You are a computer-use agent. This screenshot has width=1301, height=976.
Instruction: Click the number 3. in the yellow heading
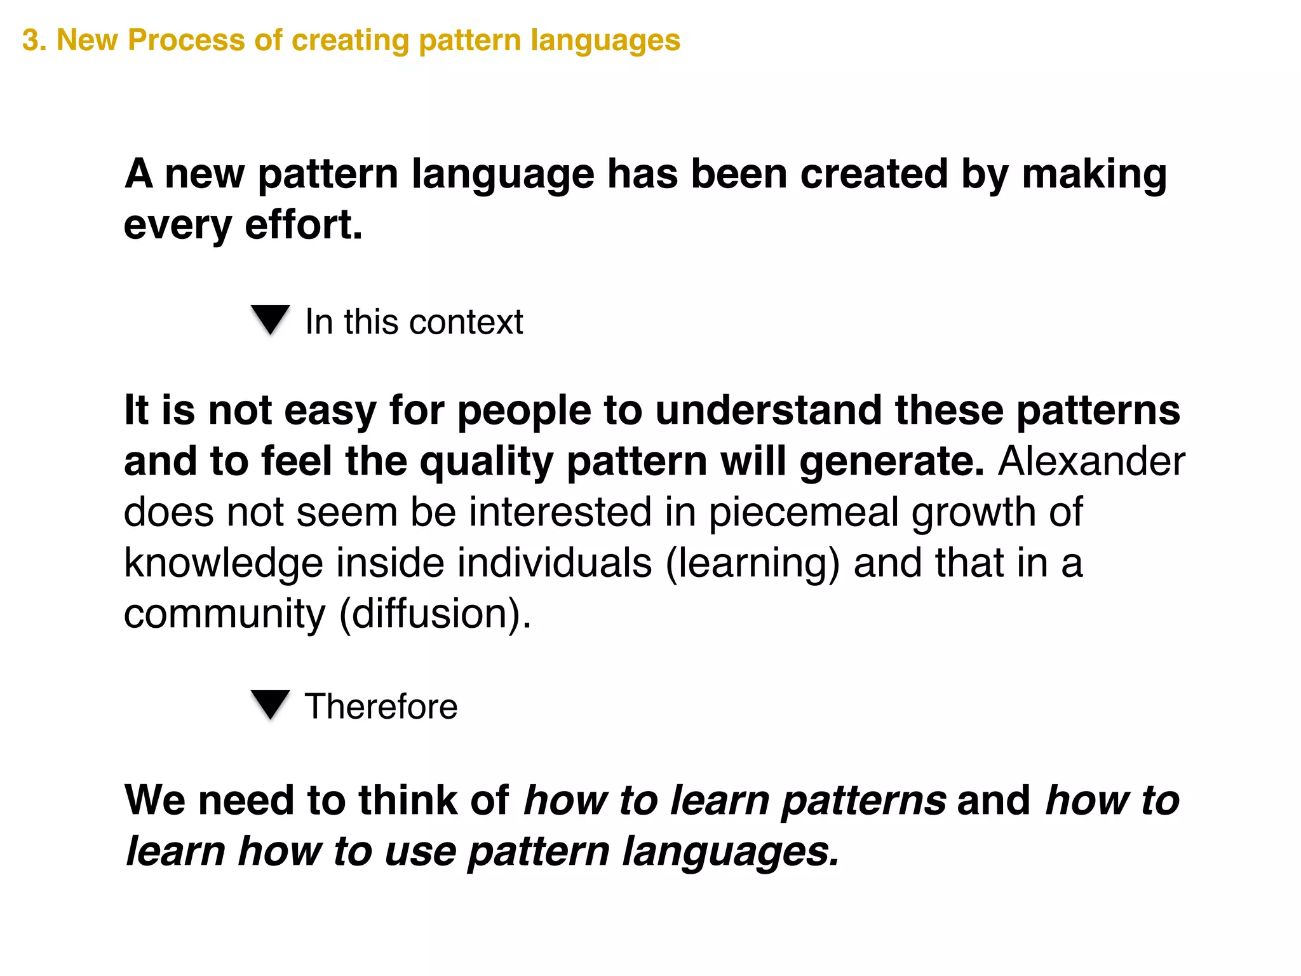34,40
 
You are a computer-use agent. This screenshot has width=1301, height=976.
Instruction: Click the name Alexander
1091,461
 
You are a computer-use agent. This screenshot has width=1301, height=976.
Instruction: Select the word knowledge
223,563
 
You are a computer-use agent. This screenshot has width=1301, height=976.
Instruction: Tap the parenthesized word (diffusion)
435,614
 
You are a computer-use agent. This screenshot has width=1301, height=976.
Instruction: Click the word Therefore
381,707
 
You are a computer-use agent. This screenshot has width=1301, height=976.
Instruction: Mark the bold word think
407,800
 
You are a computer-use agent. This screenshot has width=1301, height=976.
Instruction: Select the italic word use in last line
420,851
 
